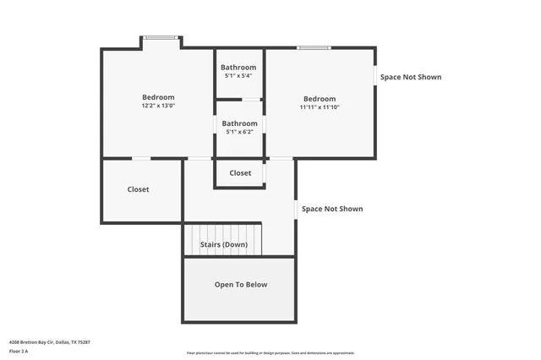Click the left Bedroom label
click(158, 97)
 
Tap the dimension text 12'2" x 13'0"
click(158, 106)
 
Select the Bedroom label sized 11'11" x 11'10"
click(320, 99)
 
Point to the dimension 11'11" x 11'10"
click(320, 107)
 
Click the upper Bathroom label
click(238, 68)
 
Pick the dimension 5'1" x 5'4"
click(238, 76)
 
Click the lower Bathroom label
click(240, 123)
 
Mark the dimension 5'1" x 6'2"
click(240, 132)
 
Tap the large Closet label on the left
click(138, 189)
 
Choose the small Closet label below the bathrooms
click(240, 173)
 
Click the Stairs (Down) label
click(224, 245)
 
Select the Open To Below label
click(241, 285)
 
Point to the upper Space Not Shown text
click(411, 77)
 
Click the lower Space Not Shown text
click(332, 209)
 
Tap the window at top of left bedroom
click(161, 37)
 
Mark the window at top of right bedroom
click(313, 47)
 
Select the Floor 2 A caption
click(19, 351)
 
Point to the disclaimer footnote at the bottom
click(270, 353)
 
